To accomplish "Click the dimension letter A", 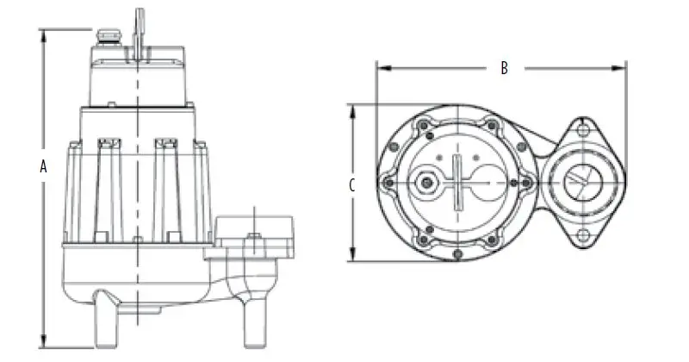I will pyautogui.click(x=42, y=167).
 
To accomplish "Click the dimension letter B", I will pyautogui.click(x=505, y=68).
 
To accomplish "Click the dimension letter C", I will pyautogui.click(x=352, y=184).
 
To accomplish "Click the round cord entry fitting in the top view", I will pyautogui.click(x=425, y=183).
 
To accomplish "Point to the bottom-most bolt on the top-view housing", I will pyautogui.click(x=459, y=251).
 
